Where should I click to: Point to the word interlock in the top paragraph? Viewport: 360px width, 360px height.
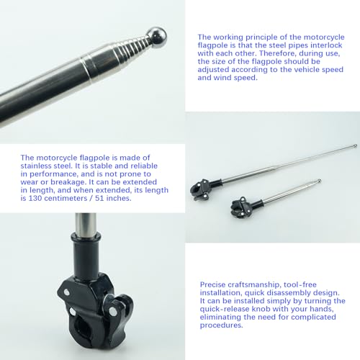[326, 45]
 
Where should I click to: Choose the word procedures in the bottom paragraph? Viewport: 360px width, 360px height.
[221, 325]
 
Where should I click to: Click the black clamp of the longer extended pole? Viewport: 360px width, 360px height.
[202, 189]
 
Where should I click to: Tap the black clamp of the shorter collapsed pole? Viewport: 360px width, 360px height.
[241, 207]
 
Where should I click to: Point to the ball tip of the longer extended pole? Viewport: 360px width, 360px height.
[355, 145]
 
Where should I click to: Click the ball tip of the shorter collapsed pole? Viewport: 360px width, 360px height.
[319, 181]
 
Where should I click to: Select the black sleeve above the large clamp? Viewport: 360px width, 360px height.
[86, 253]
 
